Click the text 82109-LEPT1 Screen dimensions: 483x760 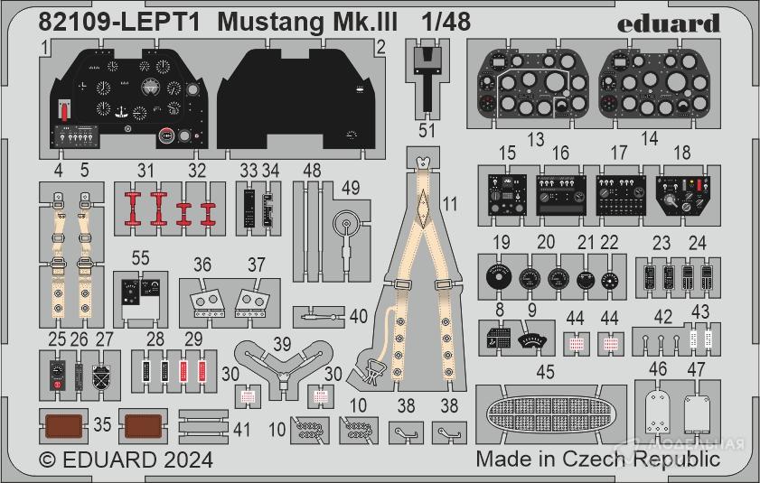[100, 22]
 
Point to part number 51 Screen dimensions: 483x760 [427, 130]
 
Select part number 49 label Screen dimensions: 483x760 [351, 187]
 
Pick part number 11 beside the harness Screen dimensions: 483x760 [450, 204]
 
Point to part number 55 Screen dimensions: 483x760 [139, 257]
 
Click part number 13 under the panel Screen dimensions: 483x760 [537, 139]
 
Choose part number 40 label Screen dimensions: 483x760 [359, 316]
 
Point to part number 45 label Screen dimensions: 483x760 [544, 371]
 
